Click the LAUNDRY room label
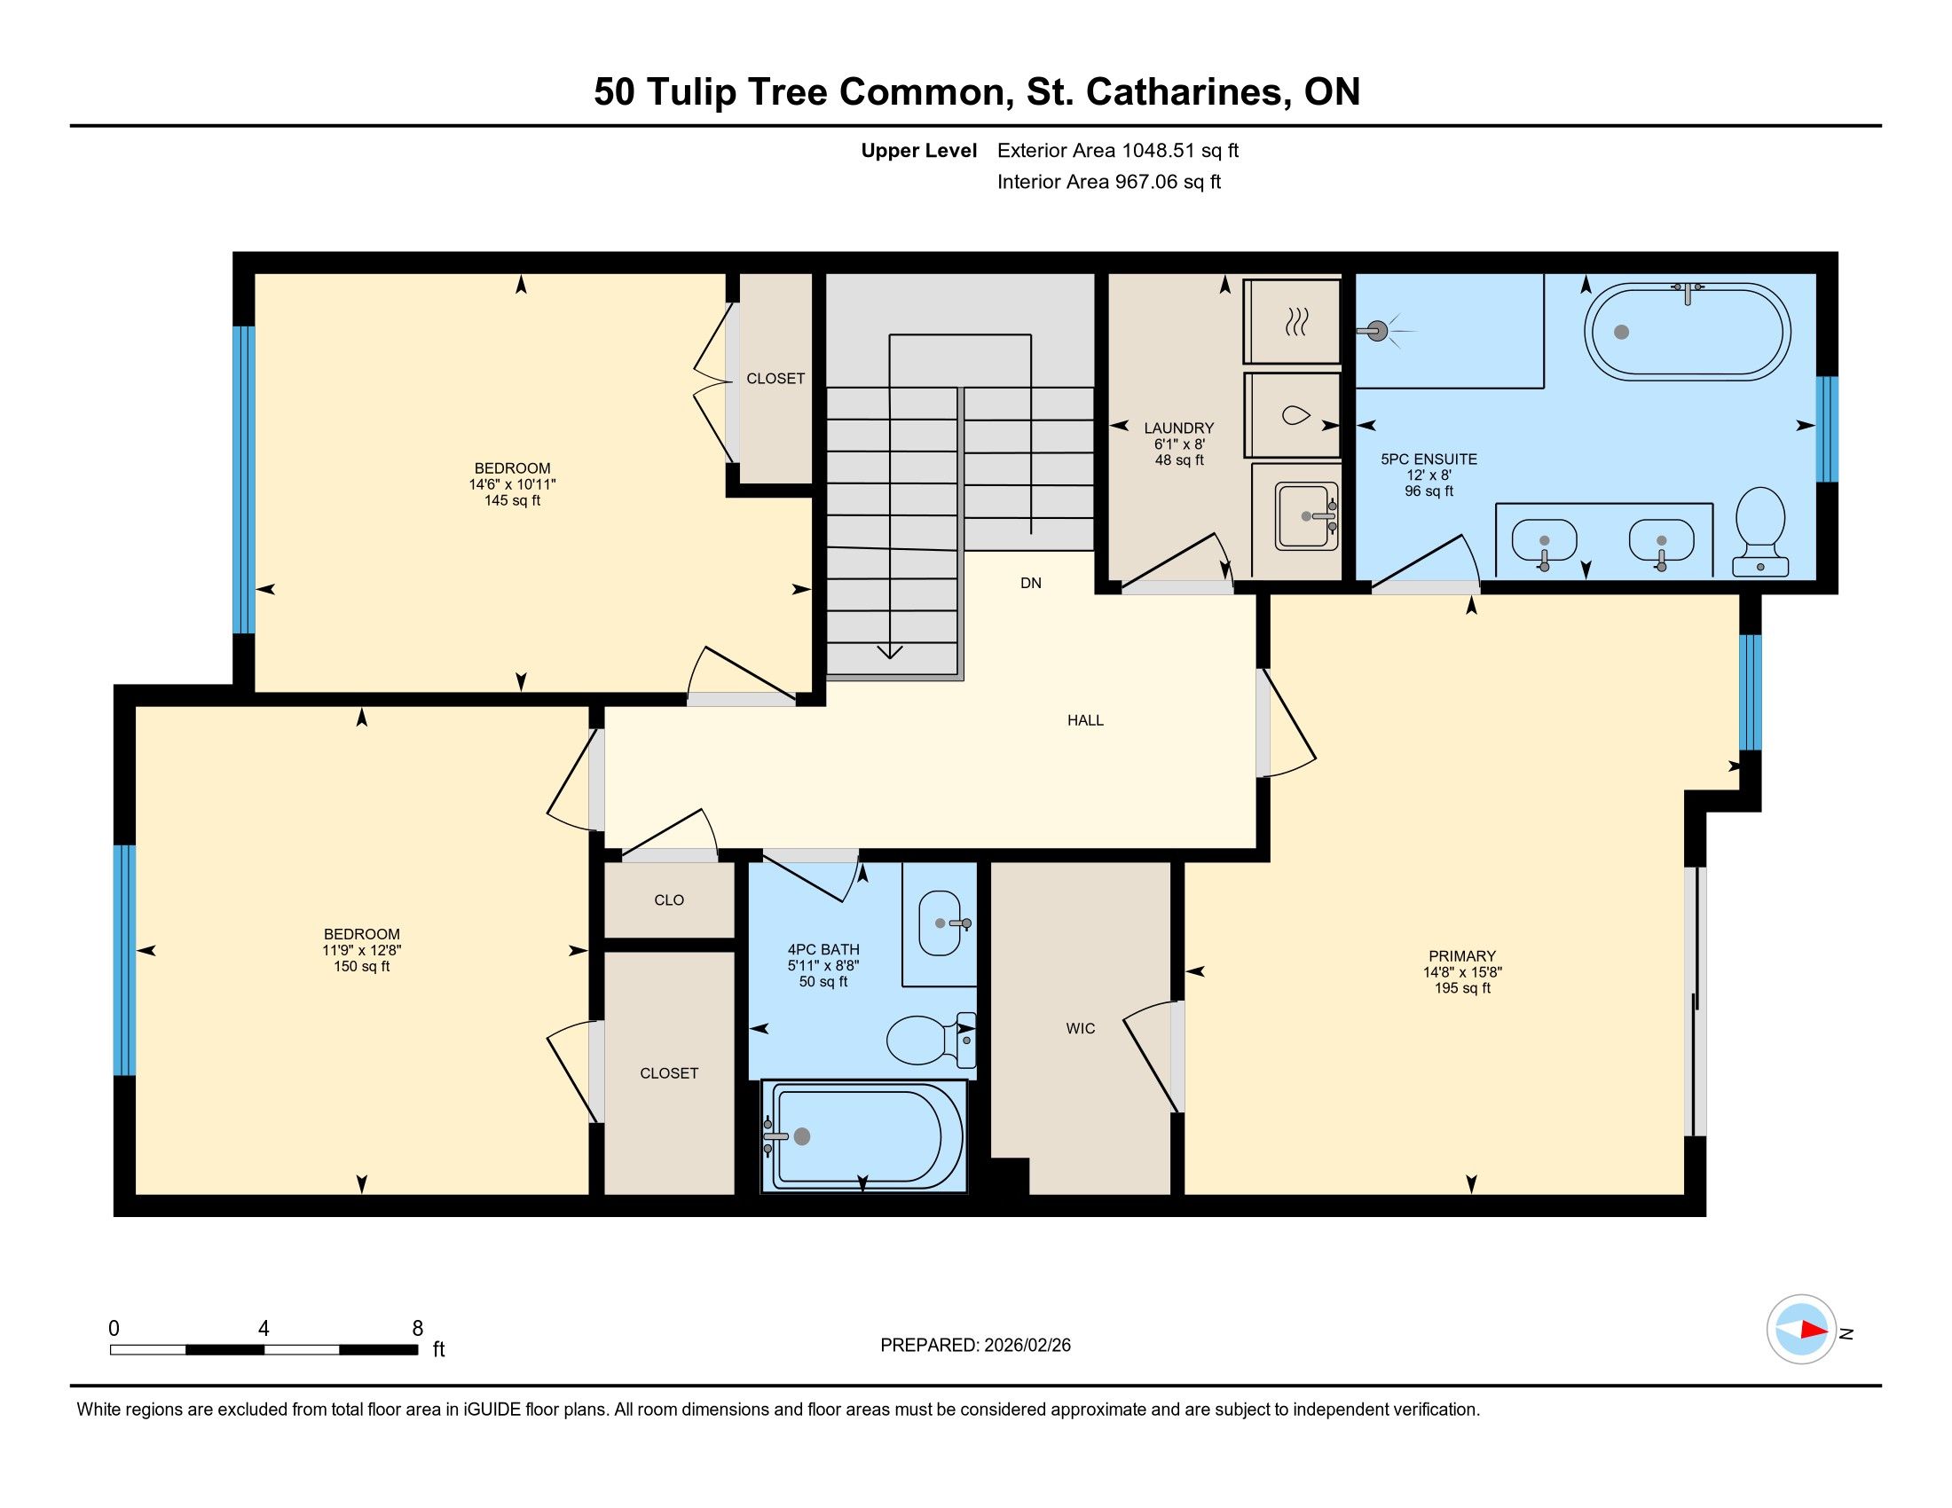[1179, 428]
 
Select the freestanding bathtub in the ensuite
[1687, 333]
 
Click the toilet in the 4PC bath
[931, 1039]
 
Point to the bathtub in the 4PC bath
[863, 1135]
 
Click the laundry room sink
[1306, 515]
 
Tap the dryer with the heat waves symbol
[1292, 321]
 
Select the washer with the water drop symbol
[1292, 415]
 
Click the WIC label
[1081, 1028]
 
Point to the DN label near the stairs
[1030, 583]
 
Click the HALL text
[1085, 720]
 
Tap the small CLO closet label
[668, 899]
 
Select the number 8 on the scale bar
[417, 1329]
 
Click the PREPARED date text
[975, 1346]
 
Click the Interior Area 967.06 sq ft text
[1109, 181]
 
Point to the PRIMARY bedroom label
[1461, 956]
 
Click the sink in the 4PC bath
[941, 923]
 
